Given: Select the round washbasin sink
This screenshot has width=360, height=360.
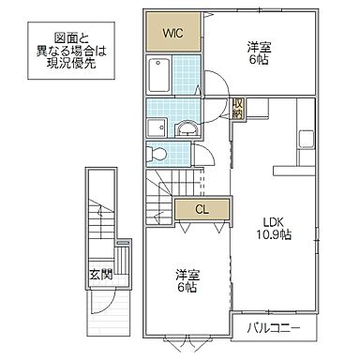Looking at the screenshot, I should tap(187, 127).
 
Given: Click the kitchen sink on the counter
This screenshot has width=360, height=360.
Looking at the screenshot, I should tap(305, 140).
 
